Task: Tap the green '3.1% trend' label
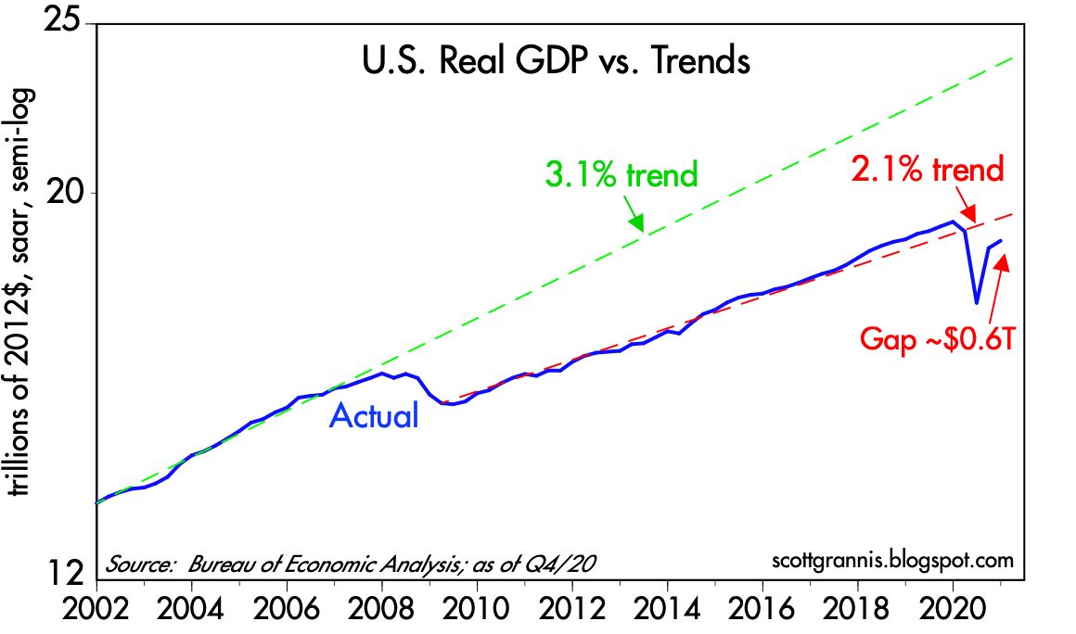(x=622, y=173)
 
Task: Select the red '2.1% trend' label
(x=927, y=170)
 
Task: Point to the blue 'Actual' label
(x=374, y=416)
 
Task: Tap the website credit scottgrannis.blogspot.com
(x=891, y=562)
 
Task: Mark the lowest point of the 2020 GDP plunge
(x=976, y=302)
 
